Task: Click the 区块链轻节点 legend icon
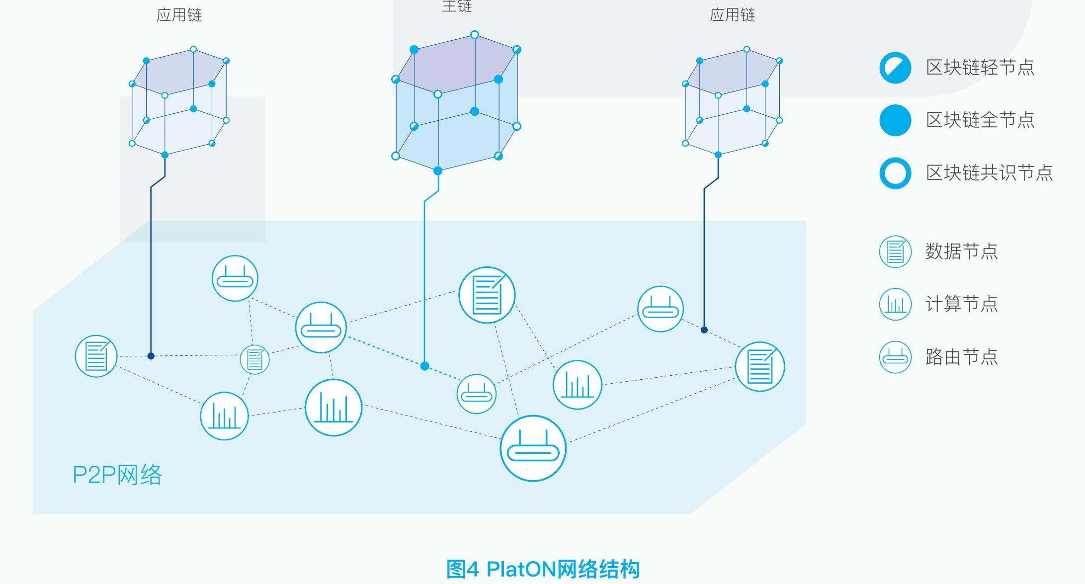point(895,68)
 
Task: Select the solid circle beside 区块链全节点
point(895,120)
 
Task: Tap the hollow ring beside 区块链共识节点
point(895,173)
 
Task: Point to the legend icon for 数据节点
point(895,251)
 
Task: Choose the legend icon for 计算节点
point(895,304)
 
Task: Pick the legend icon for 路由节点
point(895,357)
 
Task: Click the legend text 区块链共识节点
point(989,173)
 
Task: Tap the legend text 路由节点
point(961,357)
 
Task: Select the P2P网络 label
point(117,475)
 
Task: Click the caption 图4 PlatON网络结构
point(543,569)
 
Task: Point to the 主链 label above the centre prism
point(457,6)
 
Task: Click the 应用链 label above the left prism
point(179,15)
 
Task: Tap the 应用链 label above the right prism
point(732,15)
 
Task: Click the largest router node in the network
point(533,448)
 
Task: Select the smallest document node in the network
point(254,359)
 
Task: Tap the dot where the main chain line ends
point(424,366)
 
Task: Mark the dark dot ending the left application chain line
point(151,356)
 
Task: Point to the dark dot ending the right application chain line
point(704,330)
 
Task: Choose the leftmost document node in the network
point(96,356)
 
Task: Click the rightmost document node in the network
point(759,367)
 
